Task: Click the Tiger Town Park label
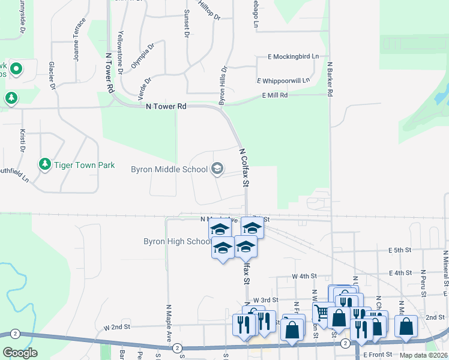(84, 164)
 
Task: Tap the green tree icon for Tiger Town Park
(44, 163)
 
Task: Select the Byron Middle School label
(169, 169)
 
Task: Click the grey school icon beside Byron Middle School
(217, 169)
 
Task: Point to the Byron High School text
(176, 242)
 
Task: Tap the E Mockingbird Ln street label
(294, 57)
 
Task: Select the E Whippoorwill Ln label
(283, 80)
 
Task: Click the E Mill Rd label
(275, 95)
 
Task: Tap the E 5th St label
(399, 250)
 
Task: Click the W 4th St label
(304, 276)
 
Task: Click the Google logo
(20, 352)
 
